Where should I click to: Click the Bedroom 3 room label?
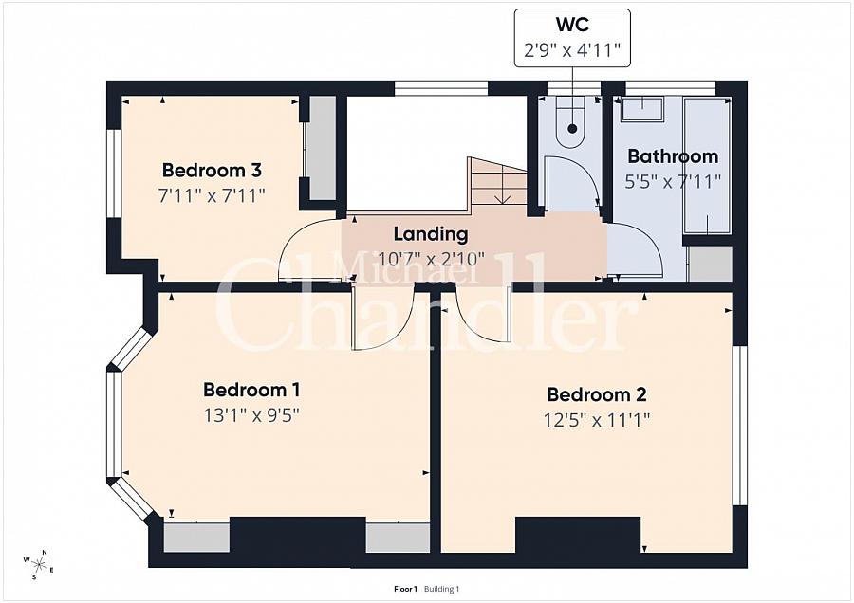(x=212, y=171)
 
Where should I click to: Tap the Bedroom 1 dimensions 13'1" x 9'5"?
(x=251, y=416)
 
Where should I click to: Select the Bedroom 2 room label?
(x=597, y=394)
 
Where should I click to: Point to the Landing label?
(x=431, y=234)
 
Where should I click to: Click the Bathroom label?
(x=673, y=156)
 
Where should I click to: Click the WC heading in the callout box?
(x=572, y=25)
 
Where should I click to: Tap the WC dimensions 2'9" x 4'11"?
(x=572, y=50)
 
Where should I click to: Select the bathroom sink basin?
(x=642, y=109)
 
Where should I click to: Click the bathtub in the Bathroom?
(x=707, y=165)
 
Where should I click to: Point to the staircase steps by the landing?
(x=498, y=181)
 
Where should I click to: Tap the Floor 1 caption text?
(x=405, y=589)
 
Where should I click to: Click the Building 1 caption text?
(x=441, y=589)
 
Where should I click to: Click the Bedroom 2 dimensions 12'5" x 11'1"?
(x=597, y=420)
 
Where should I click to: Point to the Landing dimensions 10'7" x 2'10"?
(x=431, y=259)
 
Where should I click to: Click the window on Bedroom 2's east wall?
(x=739, y=426)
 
